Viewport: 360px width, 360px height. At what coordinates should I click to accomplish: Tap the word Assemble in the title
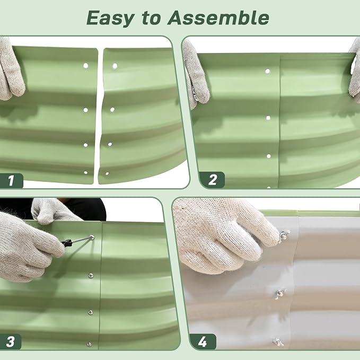pyautogui.click(x=218, y=18)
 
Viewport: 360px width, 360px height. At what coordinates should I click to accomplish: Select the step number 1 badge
pyautogui.click(x=11, y=181)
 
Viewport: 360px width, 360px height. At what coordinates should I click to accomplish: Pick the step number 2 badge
pyautogui.click(x=212, y=180)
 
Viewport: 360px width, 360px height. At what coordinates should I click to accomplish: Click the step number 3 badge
pyautogui.click(x=10, y=341)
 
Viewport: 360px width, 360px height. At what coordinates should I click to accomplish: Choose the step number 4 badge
pyautogui.click(x=203, y=342)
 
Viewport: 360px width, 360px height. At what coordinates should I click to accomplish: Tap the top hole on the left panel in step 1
pyautogui.click(x=86, y=66)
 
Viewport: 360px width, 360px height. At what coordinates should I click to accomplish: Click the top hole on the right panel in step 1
pyautogui.click(x=115, y=66)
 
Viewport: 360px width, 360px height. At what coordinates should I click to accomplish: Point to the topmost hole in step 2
pyautogui.click(x=267, y=71)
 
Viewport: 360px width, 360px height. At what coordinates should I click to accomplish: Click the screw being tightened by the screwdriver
pyautogui.click(x=92, y=237)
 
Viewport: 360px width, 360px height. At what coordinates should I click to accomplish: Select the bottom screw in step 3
pyautogui.click(x=89, y=344)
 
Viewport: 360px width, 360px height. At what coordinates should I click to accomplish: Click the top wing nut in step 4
pyautogui.click(x=284, y=235)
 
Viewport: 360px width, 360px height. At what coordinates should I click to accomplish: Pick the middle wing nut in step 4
pyautogui.click(x=280, y=293)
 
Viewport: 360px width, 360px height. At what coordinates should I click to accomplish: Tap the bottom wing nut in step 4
pyautogui.click(x=278, y=342)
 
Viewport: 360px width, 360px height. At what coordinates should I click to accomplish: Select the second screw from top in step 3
pyautogui.click(x=91, y=275)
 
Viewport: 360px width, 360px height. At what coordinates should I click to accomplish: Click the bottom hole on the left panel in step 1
pyautogui.click(x=86, y=173)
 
